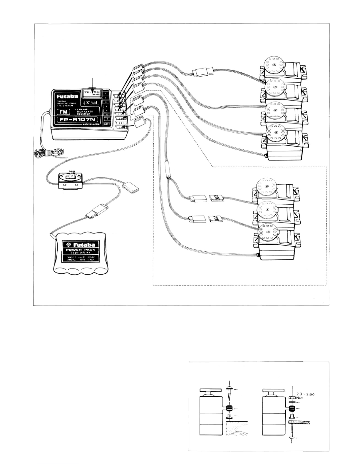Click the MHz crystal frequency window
(92, 93)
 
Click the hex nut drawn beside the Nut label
(292, 397)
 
